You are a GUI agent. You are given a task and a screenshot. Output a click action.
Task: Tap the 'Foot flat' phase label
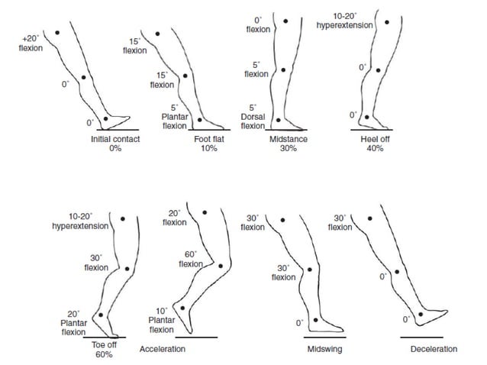(205, 139)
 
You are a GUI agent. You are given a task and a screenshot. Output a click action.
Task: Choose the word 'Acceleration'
(163, 349)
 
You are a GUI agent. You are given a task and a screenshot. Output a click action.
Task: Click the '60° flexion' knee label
(191, 258)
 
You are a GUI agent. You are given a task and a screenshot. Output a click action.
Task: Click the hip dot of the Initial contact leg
(57, 32)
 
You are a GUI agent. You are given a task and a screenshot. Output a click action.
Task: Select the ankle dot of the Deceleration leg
(420, 314)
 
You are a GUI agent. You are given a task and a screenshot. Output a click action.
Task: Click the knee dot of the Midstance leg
(283, 69)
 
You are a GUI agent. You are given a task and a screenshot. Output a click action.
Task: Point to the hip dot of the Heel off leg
(387, 22)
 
